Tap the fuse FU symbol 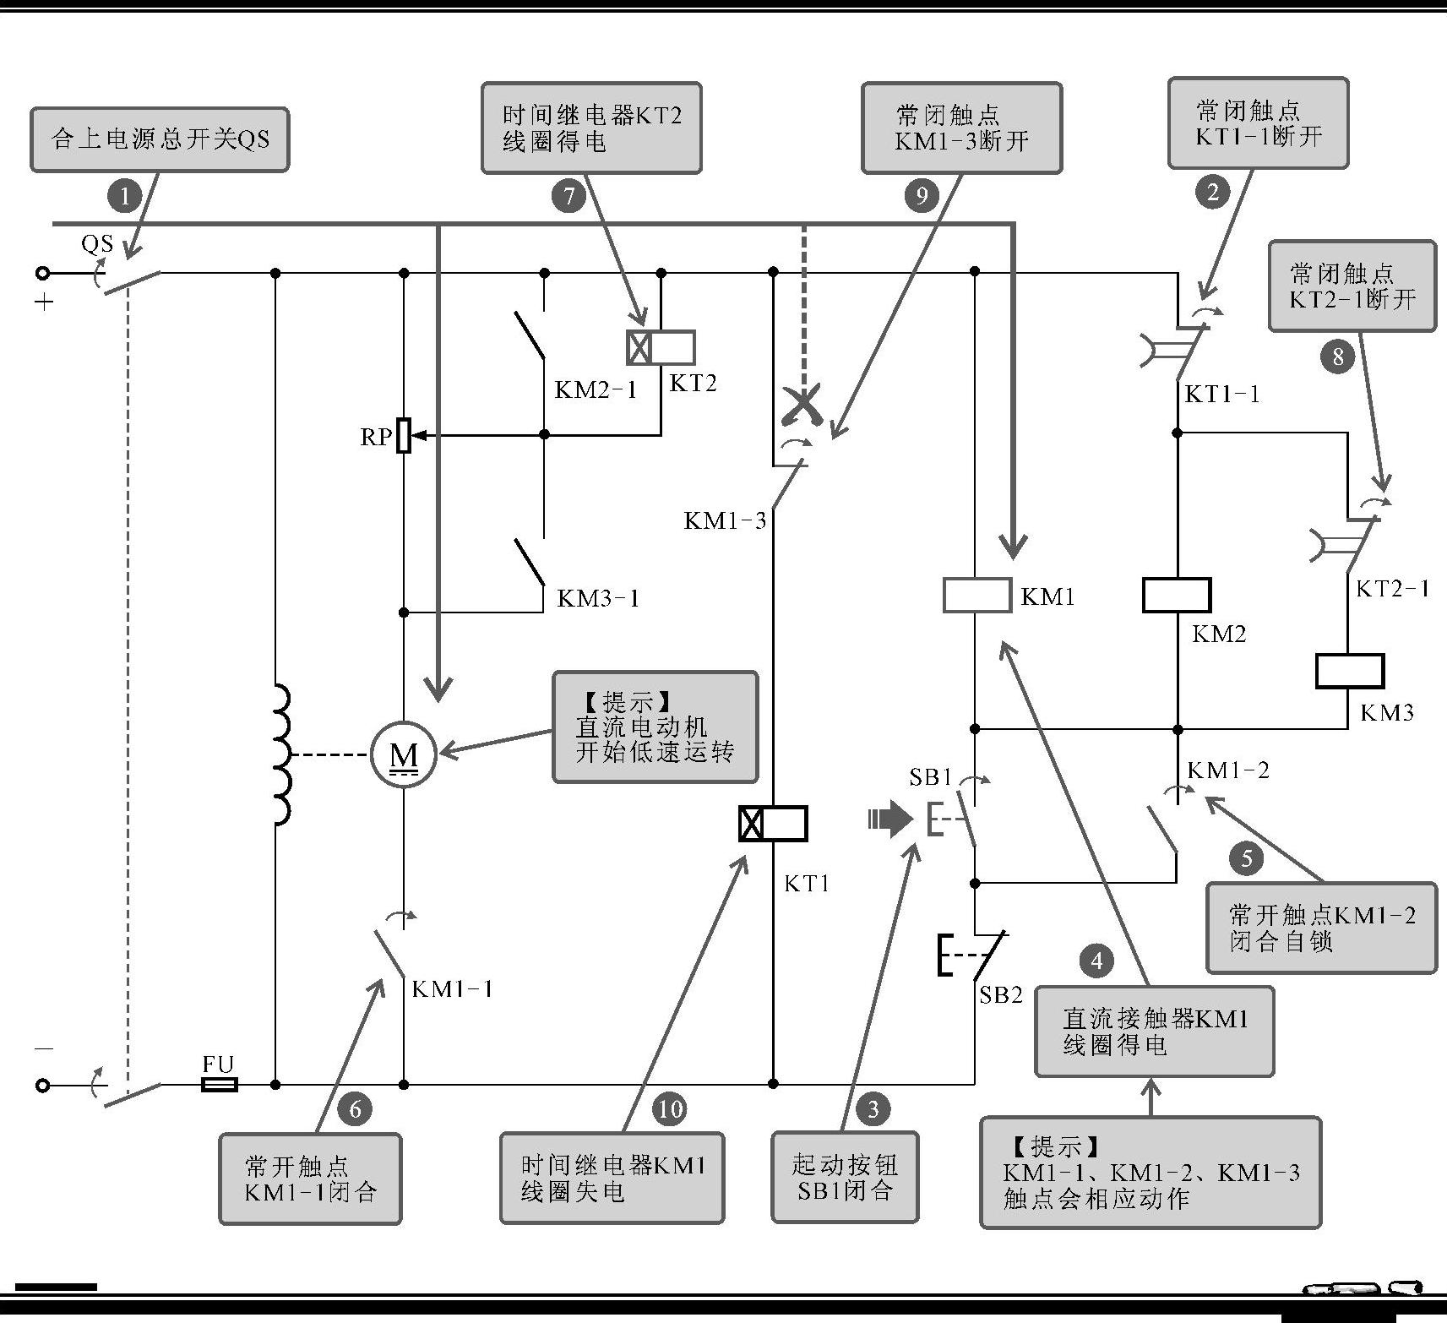click(x=219, y=1084)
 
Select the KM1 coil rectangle click(x=976, y=595)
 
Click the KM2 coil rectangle click(x=1177, y=595)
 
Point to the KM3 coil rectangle click(x=1349, y=671)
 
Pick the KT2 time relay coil click(x=661, y=347)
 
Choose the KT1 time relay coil click(x=773, y=824)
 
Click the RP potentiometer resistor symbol click(x=404, y=435)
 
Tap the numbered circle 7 click(x=568, y=196)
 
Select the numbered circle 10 click(x=670, y=1108)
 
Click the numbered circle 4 click(x=1096, y=961)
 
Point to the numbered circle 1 click(x=124, y=197)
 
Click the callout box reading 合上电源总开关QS click(x=160, y=139)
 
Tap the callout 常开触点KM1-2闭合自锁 click(x=1321, y=928)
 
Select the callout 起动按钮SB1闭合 click(x=845, y=1178)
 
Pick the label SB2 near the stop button click(x=1001, y=995)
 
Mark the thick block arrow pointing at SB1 click(x=890, y=819)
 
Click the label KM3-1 click(x=598, y=598)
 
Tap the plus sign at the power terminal click(x=45, y=302)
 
